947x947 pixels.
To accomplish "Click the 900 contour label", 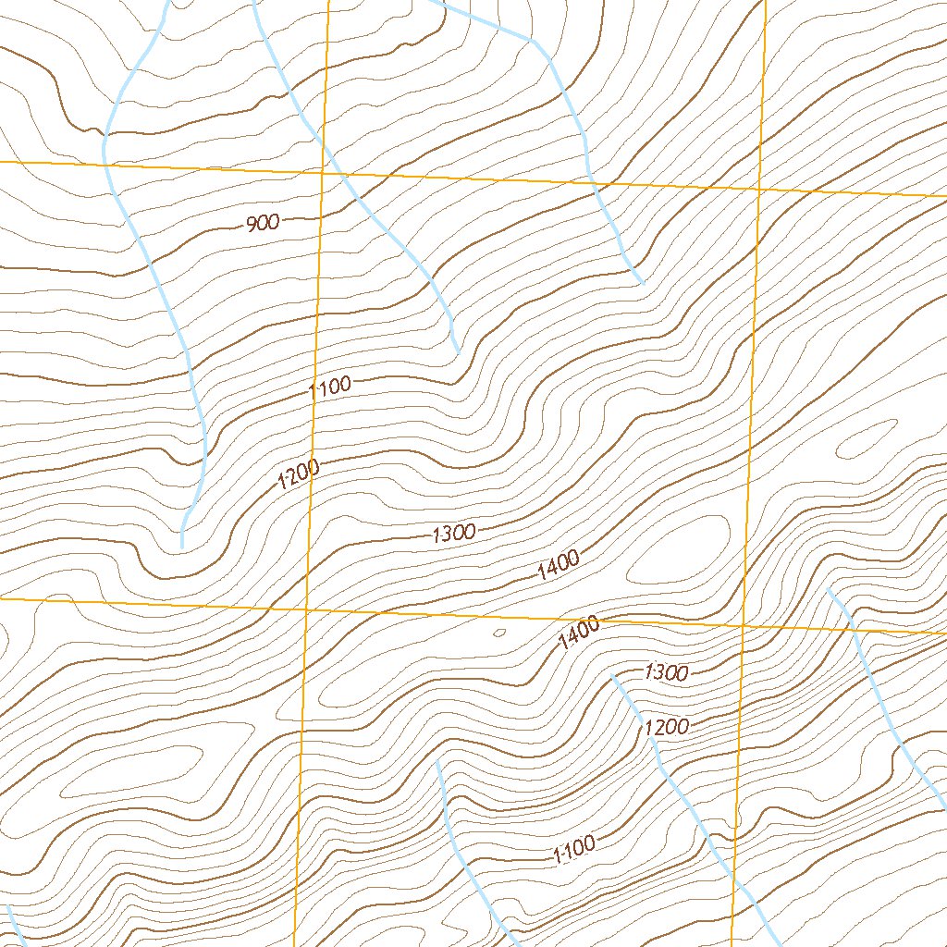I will pyautogui.click(x=263, y=223).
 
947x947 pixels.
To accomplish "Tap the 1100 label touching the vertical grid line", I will pyautogui.click(x=330, y=387).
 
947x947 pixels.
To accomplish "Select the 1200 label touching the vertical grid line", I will pyautogui.click(x=299, y=475).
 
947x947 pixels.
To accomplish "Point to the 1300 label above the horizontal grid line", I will pyautogui.click(x=453, y=533).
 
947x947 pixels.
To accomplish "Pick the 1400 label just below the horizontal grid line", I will pyautogui.click(x=579, y=634).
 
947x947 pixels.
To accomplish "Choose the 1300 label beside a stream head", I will pyautogui.click(x=666, y=672).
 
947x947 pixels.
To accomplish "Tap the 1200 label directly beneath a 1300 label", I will pyautogui.click(x=666, y=727).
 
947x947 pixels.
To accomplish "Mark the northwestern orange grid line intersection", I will pyautogui.click(x=321, y=172).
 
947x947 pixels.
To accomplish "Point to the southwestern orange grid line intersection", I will pyautogui.click(x=307, y=609).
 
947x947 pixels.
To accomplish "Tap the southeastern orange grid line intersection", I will pyautogui.click(x=744, y=626).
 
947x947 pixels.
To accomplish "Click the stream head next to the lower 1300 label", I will pyautogui.click(x=612, y=676).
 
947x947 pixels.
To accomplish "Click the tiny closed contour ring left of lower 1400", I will pyautogui.click(x=499, y=633).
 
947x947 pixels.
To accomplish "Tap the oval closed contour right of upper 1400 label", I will pyautogui.click(x=680, y=549).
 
